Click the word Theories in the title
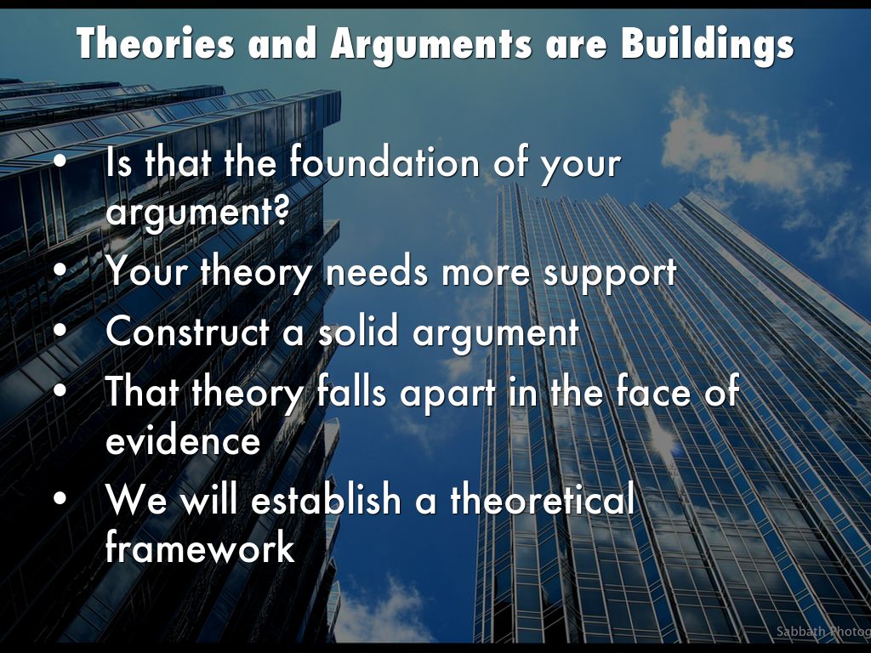pyautogui.click(x=156, y=43)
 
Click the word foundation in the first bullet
pyautogui.click(x=384, y=162)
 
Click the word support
pyautogui.click(x=609, y=274)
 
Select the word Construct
pyautogui.click(x=187, y=332)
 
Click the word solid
pyautogui.click(x=358, y=331)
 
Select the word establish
pyautogui.click(x=326, y=498)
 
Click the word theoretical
pyautogui.click(x=542, y=498)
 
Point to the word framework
pyautogui.click(x=200, y=546)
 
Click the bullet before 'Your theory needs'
pyautogui.click(x=60, y=271)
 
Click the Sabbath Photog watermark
pyautogui.click(x=823, y=632)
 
